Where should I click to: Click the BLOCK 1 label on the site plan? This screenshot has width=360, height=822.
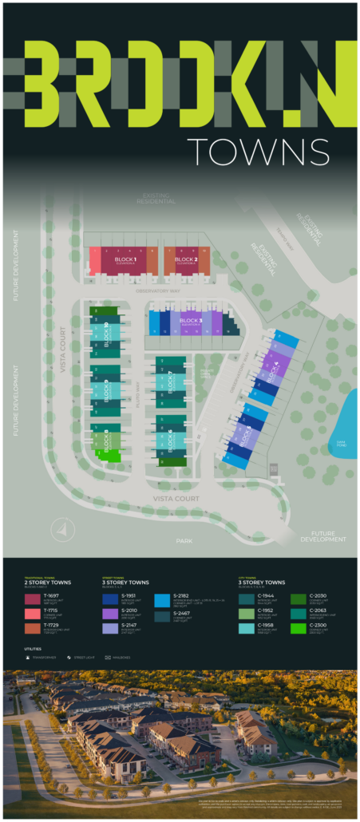125,260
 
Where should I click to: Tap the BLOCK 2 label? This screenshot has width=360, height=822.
186,260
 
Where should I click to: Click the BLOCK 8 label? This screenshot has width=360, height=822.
107,437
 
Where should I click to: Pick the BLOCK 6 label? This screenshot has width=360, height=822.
171,440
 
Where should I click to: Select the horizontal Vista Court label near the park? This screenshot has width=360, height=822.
176,499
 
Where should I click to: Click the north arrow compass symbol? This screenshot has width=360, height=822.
62,528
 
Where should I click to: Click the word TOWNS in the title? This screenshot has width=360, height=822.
258,151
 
